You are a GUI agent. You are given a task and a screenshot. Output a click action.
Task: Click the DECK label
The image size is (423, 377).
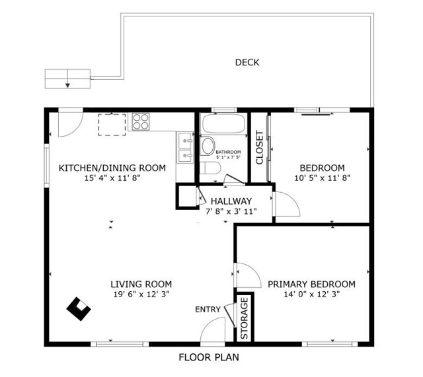pos(247,63)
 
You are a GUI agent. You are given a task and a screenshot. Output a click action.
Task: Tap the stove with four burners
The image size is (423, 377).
pos(141,121)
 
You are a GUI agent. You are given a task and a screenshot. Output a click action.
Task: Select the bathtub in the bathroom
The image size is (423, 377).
pos(223,123)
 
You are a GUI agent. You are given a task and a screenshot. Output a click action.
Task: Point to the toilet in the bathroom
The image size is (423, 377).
pos(211,168)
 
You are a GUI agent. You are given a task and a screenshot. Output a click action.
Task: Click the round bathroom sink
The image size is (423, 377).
pos(208,146)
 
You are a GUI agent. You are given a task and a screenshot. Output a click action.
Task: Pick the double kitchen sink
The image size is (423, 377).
pos(185,147)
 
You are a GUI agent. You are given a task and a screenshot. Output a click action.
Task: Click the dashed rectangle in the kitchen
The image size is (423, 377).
pos(112,125)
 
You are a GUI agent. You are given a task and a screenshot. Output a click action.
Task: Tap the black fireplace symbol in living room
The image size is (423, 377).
pos(79,309)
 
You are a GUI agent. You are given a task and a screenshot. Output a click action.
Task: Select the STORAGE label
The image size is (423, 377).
pos(244,318)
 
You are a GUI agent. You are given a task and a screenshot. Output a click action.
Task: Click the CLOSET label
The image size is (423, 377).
pos(259,147)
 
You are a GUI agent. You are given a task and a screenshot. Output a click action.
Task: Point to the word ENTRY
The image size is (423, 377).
pos(208,310)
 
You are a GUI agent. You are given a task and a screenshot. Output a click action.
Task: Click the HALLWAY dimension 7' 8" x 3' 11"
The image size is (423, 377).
pos(231,211)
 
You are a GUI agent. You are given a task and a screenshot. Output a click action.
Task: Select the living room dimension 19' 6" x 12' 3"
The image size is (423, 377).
pos(141,294)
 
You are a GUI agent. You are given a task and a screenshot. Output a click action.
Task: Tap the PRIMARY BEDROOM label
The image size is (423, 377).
pos(311,285)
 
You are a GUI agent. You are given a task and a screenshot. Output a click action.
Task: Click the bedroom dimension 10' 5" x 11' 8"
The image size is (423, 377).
pos(323,178)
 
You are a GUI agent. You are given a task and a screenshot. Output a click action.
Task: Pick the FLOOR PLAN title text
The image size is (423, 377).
pos(209,357)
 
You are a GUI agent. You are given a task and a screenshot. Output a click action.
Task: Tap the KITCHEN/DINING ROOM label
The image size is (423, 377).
pos(112,168)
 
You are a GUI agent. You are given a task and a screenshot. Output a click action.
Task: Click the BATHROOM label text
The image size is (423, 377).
pos(228,152)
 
